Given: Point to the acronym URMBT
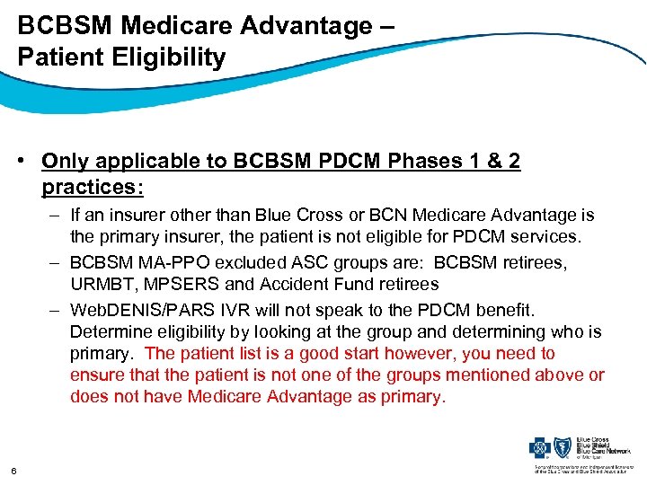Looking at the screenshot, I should [x=105, y=284].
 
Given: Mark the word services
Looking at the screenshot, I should [x=549, y=237].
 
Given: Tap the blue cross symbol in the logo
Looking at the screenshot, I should [x=541, y=446].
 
